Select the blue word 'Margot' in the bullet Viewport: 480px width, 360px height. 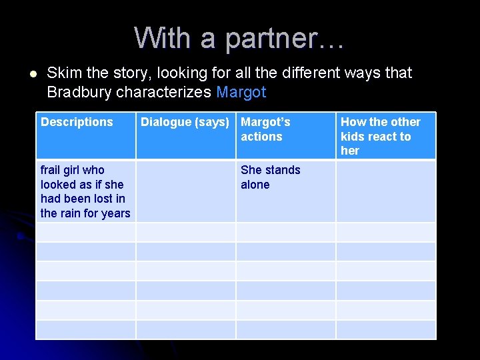pos(241,92)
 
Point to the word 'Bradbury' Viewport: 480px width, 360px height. pos(79,92)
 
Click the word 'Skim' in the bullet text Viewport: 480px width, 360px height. pos(63,73)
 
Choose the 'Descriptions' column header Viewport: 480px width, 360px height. pos(77,122)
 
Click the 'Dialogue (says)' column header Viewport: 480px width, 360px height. pos(185,122)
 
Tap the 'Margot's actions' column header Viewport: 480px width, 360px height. pos(265,129)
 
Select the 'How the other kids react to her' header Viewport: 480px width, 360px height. pos(380,136)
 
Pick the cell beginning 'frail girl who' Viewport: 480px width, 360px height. pos(85,191)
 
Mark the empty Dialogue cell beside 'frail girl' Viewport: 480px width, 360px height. pos(186,191)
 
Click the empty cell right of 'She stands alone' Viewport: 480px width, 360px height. pos(385,191)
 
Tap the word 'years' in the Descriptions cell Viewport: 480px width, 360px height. pos(116,213)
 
